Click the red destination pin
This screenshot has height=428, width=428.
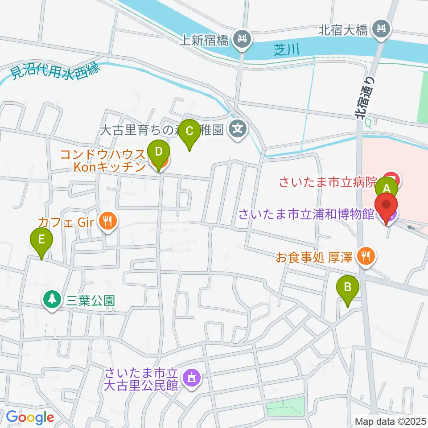(386, 207)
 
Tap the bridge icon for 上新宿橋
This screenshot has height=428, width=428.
(243, 40)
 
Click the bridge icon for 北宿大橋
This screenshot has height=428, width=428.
(382, 30)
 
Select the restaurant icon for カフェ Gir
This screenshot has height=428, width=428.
(107, 220)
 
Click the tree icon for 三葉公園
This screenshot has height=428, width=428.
(53, 299)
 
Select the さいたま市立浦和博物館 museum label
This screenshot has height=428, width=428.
(306, 215)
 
